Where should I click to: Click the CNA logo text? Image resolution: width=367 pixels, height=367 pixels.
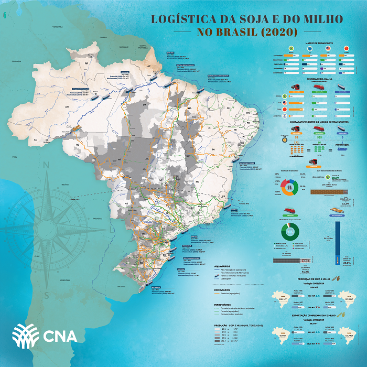[x=58, y=335]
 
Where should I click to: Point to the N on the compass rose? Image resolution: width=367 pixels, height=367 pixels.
[x=46, y=167]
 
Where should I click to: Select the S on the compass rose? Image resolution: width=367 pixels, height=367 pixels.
[x=46, y=294]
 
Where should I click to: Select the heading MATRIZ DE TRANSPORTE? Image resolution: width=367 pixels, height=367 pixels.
[x=312, y=44]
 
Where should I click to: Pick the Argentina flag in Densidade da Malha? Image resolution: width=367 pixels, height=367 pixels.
[x=285, y=115]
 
